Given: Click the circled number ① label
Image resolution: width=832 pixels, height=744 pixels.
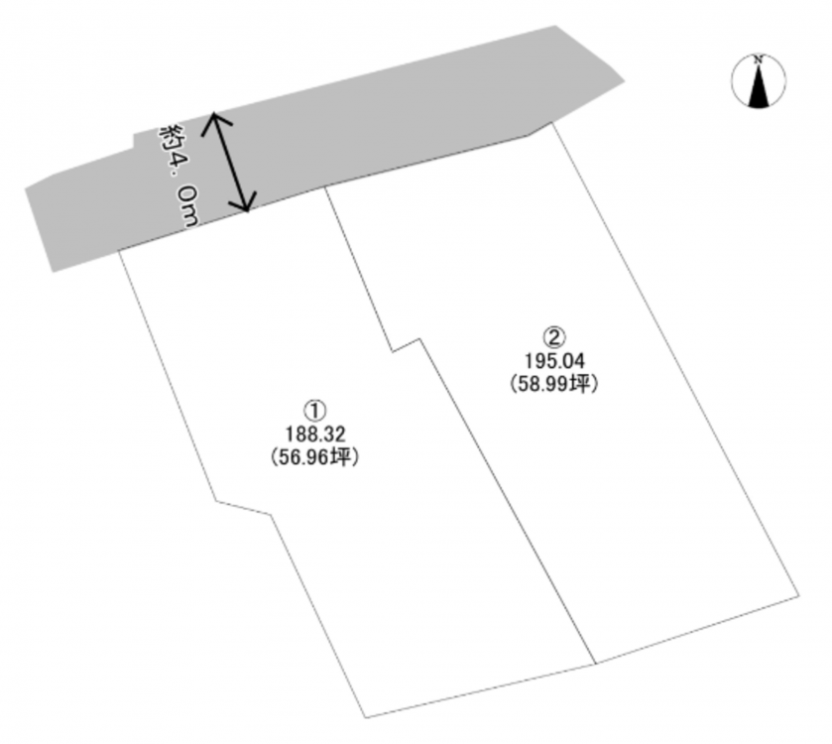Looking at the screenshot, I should (x=313, y=409).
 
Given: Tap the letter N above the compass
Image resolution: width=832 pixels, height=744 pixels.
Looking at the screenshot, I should (x=759, y=61).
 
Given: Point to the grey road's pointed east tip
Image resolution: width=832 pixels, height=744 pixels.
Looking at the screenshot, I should (x=626, y=79).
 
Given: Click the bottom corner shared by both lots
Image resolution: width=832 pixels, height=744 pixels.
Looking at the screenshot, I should (x=595, y=664).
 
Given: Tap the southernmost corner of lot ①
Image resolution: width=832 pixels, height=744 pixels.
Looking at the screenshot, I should (x=366, y=716).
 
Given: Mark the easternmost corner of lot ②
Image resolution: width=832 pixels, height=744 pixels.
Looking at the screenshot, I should (x=799, y=595).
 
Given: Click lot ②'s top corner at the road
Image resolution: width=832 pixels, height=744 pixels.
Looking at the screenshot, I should (x=554, y=121).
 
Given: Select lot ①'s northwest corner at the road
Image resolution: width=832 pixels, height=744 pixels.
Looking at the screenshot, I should (x=119, y=251).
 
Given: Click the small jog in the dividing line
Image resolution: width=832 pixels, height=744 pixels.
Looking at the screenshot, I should (x=407, y=343).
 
